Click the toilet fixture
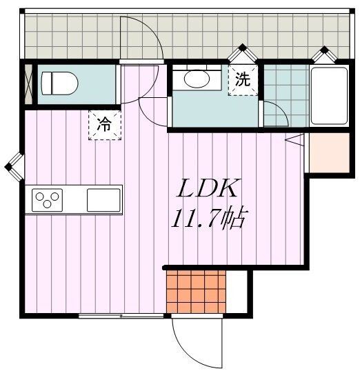pos(59,83)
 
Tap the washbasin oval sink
pos(197,79)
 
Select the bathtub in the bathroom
pos(329,96)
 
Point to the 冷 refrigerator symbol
pos(104,125)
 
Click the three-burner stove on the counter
pos(47,200)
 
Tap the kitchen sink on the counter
pos(103,200)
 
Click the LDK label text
pos(207,188)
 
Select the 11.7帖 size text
pos(208,219)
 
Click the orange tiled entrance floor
pos(196,292)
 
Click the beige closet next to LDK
pos(329,153)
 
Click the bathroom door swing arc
pos(281,108)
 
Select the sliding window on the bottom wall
pos(121,316)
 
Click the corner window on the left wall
pos(14,167)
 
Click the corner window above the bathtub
pos(324,55)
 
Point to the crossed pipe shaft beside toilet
pos(29,84)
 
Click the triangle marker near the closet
pos(294,140)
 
